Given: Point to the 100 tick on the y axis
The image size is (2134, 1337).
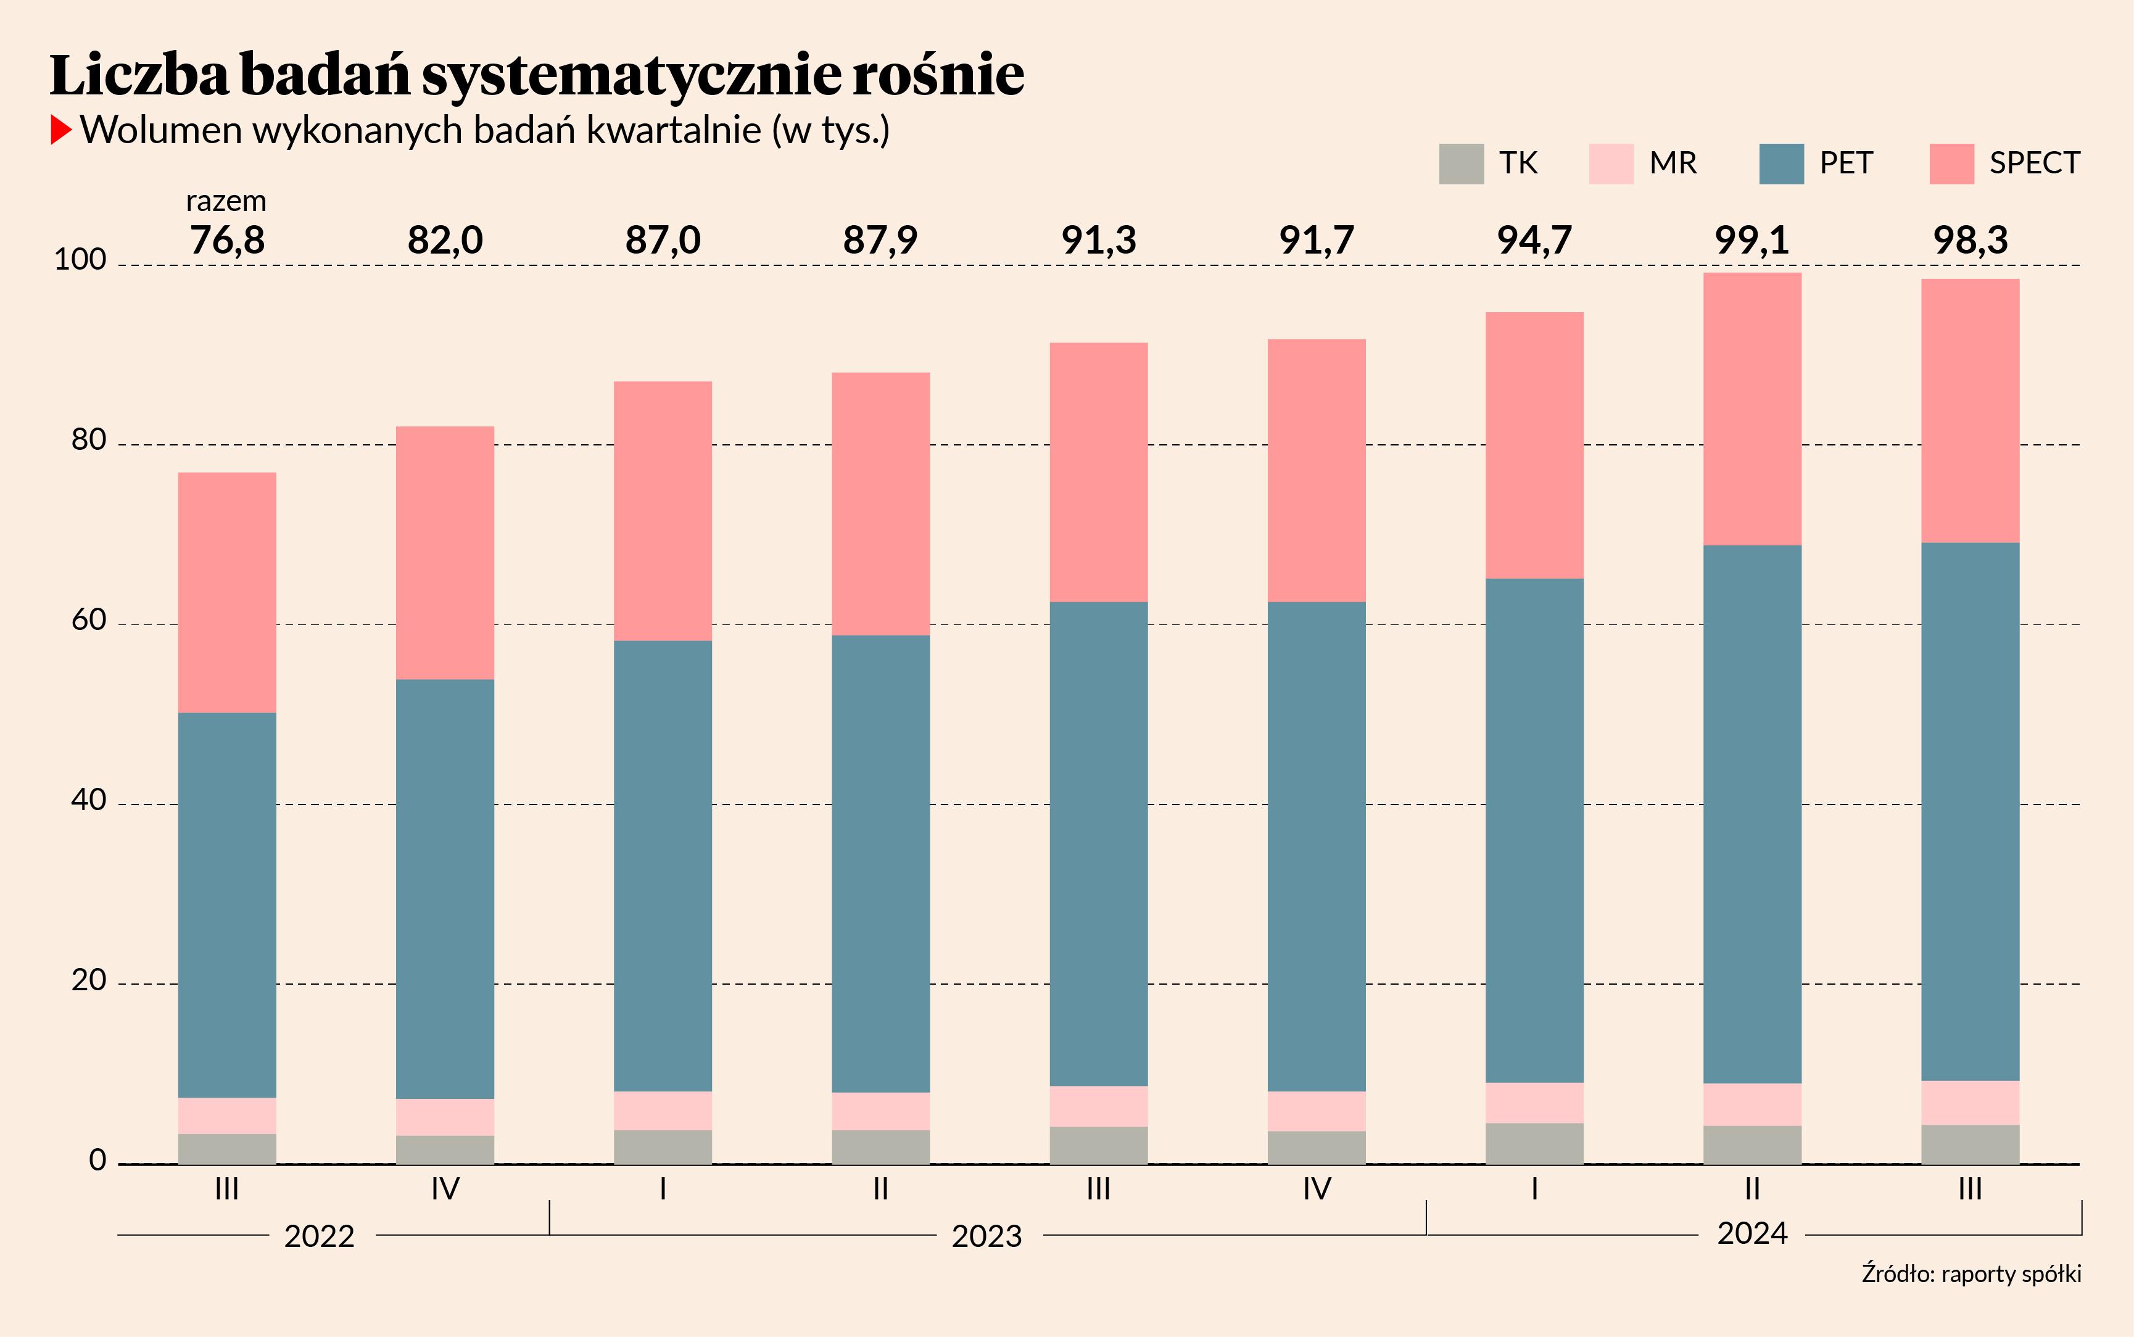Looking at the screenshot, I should [x=80, y=260].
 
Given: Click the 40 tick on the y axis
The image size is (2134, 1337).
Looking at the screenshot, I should [x=88, y=800].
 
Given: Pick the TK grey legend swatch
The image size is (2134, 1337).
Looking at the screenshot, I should [x=1462, y=164].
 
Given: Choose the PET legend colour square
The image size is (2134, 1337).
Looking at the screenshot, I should [x=1781, y=164].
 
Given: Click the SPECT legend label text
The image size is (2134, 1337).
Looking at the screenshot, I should [x=2034, y=164].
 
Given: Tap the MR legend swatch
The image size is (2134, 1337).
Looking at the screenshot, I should [x=1611, y=164].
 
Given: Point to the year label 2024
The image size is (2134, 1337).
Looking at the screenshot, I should [x=1752, y=1233].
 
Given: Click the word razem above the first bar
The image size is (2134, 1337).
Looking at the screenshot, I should [x=226, y=202].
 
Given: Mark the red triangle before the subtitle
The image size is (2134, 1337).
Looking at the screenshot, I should [x=60, y=130].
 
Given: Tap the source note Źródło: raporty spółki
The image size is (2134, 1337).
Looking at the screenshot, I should [x=1971, y=1274].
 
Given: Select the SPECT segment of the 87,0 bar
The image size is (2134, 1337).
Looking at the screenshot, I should [x=663, y=511].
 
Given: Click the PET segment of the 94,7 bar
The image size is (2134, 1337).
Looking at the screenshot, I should [x=1534, y=830].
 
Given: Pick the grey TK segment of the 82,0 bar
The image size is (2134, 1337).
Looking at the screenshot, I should [x=445, y=1149].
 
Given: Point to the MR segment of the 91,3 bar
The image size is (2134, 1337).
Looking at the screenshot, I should [x=1099, y=1106].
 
